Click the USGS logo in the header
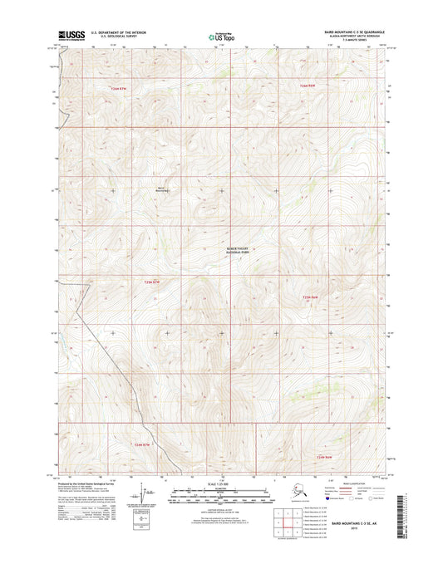[x=70, y=37]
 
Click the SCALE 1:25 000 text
[x=221, y=484]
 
